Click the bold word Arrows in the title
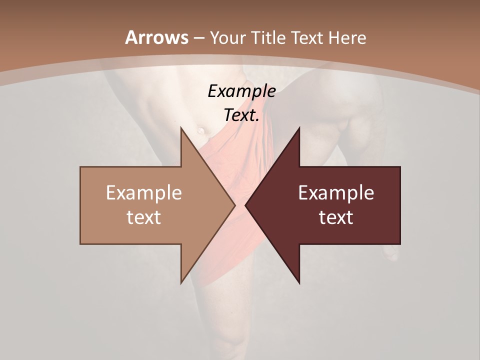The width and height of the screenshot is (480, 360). [156, 37]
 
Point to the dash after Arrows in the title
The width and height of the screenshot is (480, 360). [199, 38]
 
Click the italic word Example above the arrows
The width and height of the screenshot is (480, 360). [242, 91]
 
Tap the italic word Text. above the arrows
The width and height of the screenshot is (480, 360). [242, 115]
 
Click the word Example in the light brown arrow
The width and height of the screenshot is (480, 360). [144, 193]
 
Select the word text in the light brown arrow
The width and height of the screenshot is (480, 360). [144, 217]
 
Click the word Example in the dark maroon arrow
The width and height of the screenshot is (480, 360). [336, 193]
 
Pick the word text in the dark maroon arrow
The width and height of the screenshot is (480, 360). [336, 217]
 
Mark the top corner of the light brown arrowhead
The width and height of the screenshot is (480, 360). [181, 128]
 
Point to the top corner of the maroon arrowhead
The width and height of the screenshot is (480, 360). [299, 128]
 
